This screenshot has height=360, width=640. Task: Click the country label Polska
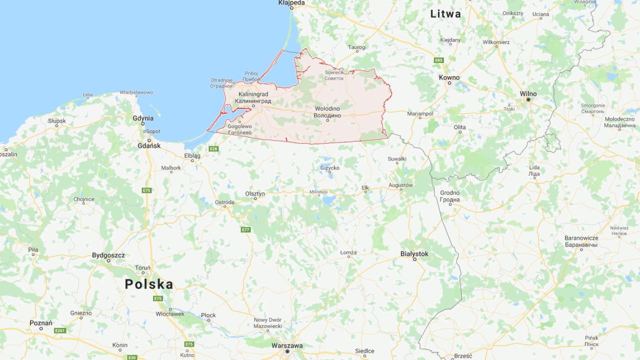pos(149,284)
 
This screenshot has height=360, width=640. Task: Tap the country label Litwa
pos(445,14)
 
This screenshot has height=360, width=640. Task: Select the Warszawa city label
pos(287,345)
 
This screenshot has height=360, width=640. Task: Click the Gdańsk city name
pos(149,146)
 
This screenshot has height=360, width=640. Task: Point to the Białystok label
pos(414,254)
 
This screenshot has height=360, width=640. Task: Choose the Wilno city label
pos(528,93)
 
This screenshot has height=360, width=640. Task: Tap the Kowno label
pos(449,77)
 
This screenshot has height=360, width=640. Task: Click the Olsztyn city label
pos(255,193)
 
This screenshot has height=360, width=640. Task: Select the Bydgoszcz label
pos(108,255)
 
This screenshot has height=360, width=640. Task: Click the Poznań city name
pos(41,323)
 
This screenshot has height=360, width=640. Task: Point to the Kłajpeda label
pos(291,3)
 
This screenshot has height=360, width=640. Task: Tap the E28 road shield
pos(213,148)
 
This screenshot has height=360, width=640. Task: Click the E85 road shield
pos(438,60)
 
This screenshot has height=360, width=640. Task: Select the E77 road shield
pos(245,229)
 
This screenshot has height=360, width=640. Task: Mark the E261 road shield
pos(60,330)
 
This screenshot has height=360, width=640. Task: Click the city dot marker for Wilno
pos(528,99)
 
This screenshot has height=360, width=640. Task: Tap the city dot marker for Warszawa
pos(287,351)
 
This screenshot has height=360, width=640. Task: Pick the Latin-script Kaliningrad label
pos(253,94)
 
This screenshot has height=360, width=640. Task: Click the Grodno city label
pos(450,193)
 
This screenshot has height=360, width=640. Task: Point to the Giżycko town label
pos(330,168)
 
